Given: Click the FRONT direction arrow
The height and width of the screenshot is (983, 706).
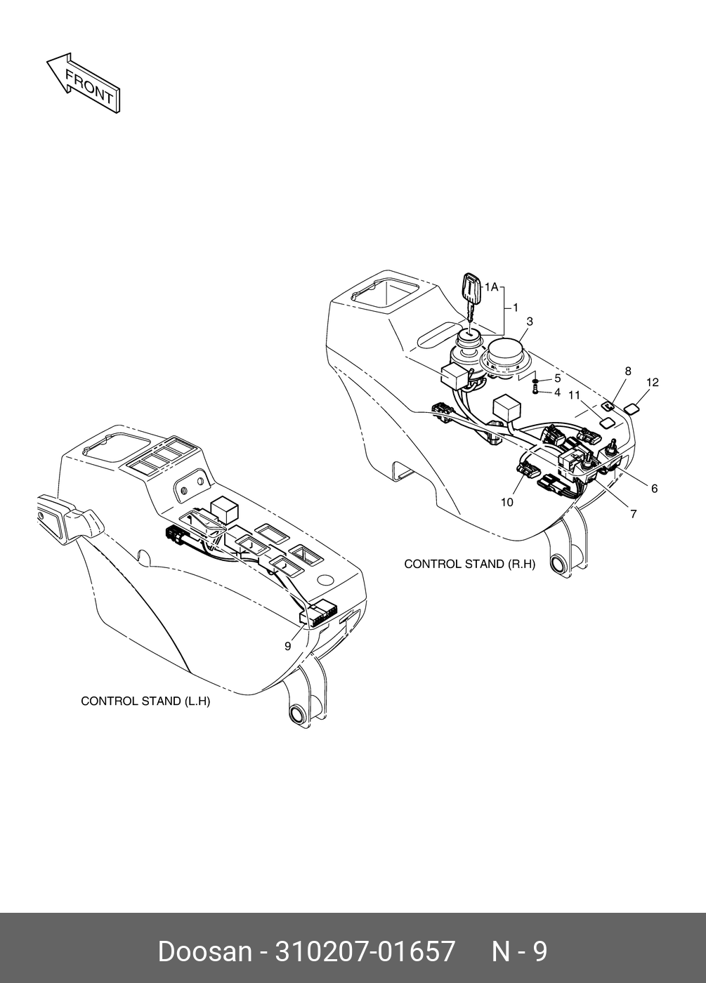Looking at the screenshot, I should pyautogui.click(x=83, y=82).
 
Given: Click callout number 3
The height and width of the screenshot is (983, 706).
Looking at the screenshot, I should pyautogui.click(x=530, y=322).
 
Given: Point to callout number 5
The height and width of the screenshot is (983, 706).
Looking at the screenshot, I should pyautogui.click(x=557, y=378).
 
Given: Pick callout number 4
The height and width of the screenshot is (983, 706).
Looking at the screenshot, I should pyautogui.click(x=557, y=392).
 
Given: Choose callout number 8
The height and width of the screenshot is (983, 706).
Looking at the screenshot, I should pyautogui.click(x=627, y=371).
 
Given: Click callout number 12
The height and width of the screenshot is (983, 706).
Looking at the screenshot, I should pyautogui.click(x=653, y=383).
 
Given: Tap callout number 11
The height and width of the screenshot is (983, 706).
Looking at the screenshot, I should pyautogui.click(x=574, y=396).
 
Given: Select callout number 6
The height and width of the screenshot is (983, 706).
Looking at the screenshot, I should pyautogui.click(x=654, y=489).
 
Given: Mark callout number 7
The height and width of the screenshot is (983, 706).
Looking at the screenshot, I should pyautogui.click(x=633, y=514).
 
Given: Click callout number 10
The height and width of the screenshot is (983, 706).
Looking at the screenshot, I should pyautogui.click(x=507, y=502).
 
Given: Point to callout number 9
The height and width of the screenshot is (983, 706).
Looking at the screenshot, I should pyautogui.click(x=287, y=647).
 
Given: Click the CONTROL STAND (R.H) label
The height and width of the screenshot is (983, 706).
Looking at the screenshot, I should pyautogui.click(x=469, y=564).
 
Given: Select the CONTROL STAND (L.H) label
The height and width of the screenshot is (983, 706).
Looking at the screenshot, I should pyautogui.click(x=145, y=701).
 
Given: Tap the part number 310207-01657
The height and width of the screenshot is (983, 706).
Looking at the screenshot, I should pyautogui.click(x=365, y=952).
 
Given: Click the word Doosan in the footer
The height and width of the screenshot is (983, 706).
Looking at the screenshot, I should pyautogui.click(x=204, y=952).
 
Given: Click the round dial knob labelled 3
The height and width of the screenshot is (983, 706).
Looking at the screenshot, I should pyautogui.click(x=505, y=355).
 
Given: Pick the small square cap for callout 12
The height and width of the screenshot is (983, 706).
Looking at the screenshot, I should pyautogui.click(x=633, y=407).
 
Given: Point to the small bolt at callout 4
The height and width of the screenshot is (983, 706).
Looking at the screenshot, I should pyautogui.click(x=536, y=390).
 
